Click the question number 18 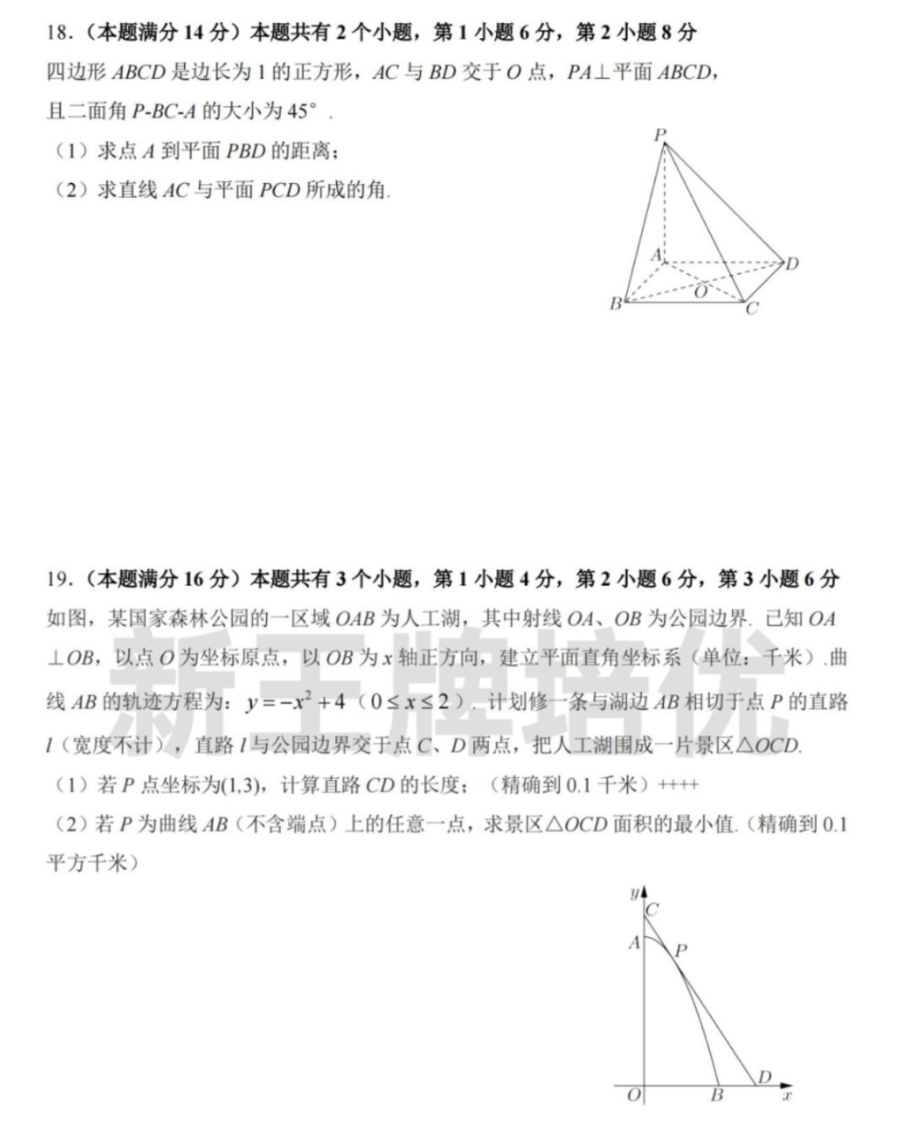57,33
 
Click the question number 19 57,579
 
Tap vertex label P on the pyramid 660,135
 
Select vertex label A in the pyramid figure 656,254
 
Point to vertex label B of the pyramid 616,304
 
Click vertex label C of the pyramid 751,309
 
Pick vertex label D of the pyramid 791,264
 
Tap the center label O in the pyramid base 701,292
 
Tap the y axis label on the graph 633,893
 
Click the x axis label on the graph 786,1096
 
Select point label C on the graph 652,910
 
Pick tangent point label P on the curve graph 680,951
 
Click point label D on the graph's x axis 764,1077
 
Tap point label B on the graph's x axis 717,1096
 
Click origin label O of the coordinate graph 634,1096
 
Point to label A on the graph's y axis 634,942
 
